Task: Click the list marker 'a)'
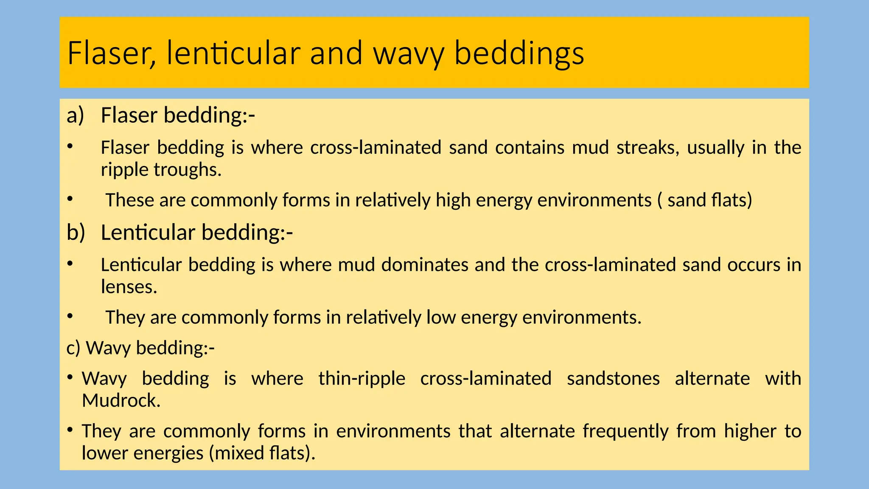coord(76,115)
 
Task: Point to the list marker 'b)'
coord(76,233)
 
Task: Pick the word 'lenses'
coord(128,287)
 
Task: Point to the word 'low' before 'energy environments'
coord(441,318)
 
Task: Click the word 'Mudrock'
coord(120,401)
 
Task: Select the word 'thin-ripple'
coord(362,379)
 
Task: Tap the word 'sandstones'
coord(613,379)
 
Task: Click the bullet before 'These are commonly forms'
coord(70,199)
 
